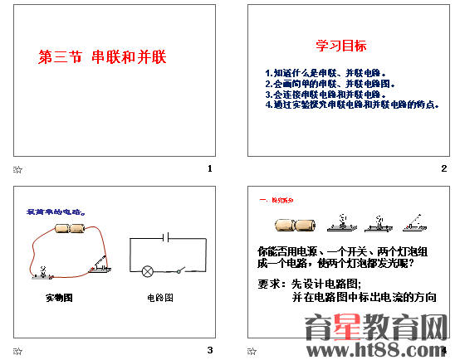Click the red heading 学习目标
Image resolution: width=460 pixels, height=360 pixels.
(x=340, y=46)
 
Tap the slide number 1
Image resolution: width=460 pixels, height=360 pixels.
(x=211, y=168)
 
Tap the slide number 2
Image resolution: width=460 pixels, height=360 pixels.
(x=444, y=168)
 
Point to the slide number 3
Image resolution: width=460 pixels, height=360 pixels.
(x=211, y=350)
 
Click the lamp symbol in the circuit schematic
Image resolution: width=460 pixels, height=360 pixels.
(x=148, y=270)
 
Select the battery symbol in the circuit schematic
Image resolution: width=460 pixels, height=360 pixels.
(x=167, y=237)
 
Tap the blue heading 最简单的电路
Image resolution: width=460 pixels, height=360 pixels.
(x=56, y=212)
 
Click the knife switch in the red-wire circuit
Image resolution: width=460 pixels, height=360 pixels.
(x=98, y=265)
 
